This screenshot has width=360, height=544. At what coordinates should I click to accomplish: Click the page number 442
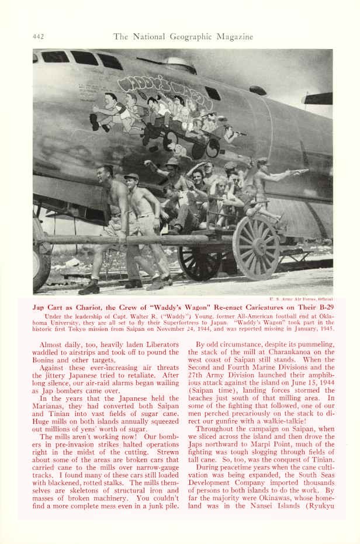pyautogui.click(x=39, y=37)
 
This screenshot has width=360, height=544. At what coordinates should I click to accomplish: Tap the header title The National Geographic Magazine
pyautogui.click(x=183, y=37)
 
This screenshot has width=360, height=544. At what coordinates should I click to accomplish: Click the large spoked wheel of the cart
pyautogui.click(x=255, y=248)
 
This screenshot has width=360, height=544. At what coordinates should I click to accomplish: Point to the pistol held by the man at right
pyautogui.click(x=300, y=172)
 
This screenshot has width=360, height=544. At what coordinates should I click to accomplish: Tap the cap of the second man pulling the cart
pyautogui.click(x=131, y=176)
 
